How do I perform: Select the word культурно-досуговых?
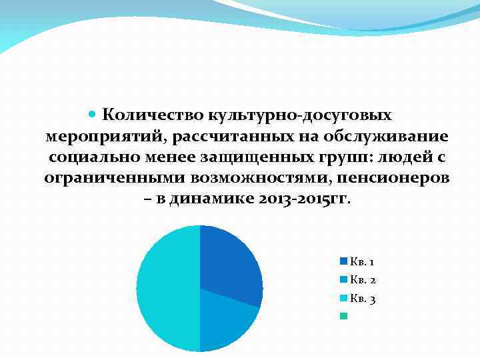300,115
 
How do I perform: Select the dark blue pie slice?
229,264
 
